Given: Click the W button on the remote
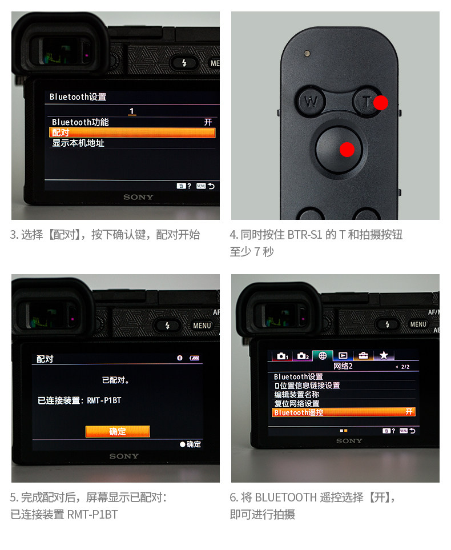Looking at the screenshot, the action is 311,102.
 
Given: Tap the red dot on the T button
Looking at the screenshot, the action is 381,103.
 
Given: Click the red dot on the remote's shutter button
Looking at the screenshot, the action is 347,150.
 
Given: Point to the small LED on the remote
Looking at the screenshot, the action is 307,53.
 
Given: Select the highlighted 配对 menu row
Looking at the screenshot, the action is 132,133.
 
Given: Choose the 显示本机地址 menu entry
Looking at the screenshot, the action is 78,143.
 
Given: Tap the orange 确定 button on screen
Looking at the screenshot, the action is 118,431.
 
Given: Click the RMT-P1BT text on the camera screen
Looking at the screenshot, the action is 104,400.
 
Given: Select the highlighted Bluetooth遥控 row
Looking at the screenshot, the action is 343,412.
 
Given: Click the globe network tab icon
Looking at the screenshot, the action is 323,356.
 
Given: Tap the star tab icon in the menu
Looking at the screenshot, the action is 384,356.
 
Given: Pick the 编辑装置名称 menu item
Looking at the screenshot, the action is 297,395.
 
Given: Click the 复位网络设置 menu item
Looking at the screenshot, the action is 297,403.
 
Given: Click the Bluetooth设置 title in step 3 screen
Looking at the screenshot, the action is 78,97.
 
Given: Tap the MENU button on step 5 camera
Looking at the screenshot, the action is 202,326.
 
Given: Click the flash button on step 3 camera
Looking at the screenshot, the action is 184,63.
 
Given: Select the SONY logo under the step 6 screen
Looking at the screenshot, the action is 349,441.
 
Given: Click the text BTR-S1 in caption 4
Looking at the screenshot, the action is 305,235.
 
